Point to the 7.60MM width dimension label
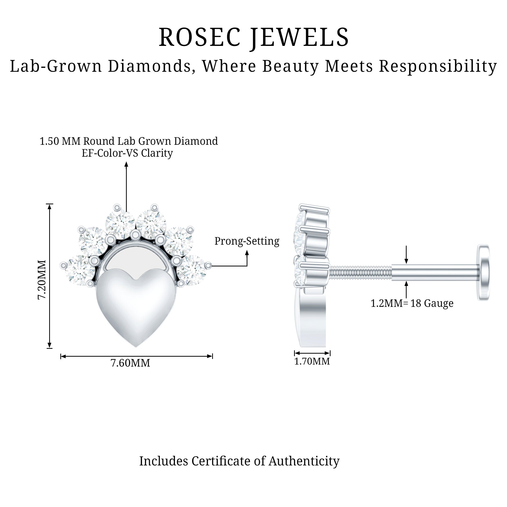(130, 363)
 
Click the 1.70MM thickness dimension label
(312, 361)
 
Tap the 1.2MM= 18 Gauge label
(412, 303)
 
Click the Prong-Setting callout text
(247, 241)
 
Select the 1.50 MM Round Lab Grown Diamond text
(129, 141)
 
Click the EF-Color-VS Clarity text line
(127, 153)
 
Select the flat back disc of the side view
(483, 273)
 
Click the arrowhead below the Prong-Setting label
(247, 253)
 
